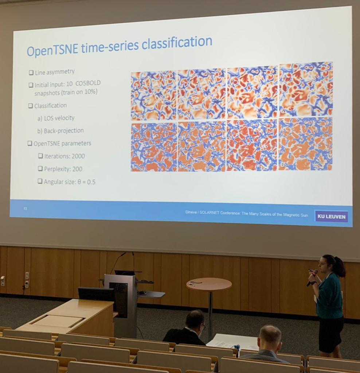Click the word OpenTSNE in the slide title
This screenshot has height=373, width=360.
(x=52, y=50)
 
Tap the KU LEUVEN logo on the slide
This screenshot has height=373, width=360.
(x=331, y=216)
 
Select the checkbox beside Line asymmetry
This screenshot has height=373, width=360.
(x=31, y=72)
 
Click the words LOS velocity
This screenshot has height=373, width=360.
(x=59, y=118)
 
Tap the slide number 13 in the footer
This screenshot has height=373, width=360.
(x=25, y=208)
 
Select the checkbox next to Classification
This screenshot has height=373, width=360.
(x=30, y=106)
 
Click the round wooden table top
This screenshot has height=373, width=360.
(x=209, y=284)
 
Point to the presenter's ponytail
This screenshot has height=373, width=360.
(x=339, y=267)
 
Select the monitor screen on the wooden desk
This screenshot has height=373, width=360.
(x=96, y=294)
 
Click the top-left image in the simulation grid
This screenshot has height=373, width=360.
(x=153, y=95)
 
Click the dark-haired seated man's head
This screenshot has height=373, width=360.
(x=195, y=320)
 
